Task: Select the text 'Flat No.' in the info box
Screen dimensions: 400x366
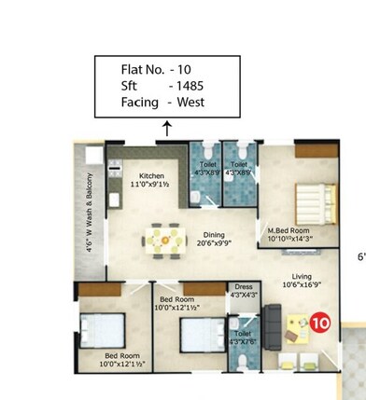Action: coord(136,69)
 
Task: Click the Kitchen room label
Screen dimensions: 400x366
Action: coord(152,175)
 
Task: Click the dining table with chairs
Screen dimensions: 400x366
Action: coord(164,241)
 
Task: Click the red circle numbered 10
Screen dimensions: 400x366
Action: coord(320,324)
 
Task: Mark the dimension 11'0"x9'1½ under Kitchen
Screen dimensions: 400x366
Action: coord(152,185)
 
